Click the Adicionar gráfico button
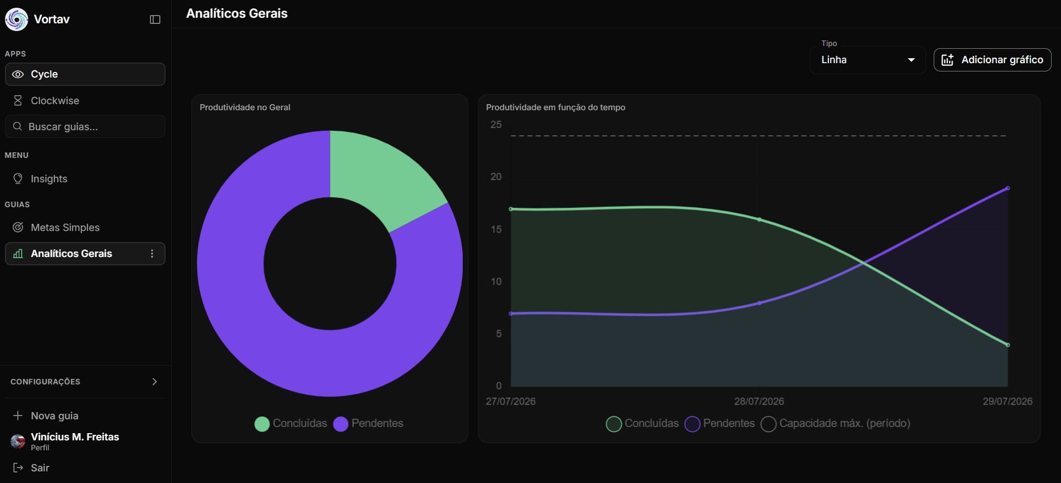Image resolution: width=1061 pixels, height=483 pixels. (992, 60)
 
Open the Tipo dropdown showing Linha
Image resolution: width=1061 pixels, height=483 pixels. (867, 60)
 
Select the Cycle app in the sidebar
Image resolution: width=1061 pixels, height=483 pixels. (85, 74)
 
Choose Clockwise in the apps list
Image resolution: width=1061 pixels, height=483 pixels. (85, 101)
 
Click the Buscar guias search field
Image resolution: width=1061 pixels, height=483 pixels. (85, 126)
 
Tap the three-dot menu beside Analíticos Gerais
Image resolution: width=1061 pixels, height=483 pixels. (152, 254)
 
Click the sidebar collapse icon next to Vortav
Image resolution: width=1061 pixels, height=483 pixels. (155, 19)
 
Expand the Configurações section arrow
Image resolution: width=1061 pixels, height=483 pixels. (154, 382)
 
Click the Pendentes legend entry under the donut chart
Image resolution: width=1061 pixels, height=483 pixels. (368, 424)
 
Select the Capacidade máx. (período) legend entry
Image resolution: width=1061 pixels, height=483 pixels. (836, 424)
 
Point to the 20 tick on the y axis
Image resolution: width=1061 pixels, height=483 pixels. (496, 177)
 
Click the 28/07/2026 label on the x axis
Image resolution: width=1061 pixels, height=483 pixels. (759, 402)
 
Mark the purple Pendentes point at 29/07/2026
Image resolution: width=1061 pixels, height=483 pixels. (1008, 188)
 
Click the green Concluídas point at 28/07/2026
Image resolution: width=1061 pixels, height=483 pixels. (759, 220)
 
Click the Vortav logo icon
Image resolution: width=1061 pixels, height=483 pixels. (17, 19)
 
